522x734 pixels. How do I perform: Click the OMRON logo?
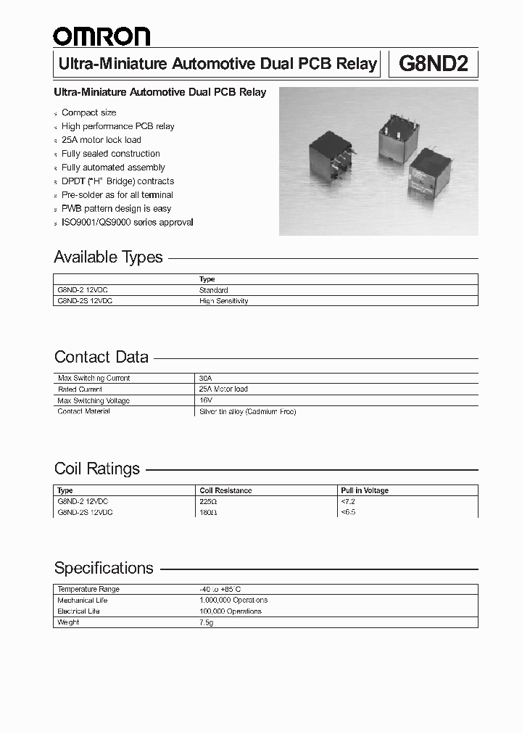tap(101, 36)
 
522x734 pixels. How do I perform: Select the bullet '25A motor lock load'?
tap(101, 140)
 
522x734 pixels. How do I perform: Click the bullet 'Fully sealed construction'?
tap(111, 154)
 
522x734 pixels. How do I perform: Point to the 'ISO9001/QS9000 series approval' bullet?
tap(128, 223)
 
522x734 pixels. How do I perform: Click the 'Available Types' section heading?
tap(109, 257)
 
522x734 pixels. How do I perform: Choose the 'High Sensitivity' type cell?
tap(223, 301)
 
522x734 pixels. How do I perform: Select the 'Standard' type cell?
tap(213, 290)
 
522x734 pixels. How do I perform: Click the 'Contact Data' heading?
tap(101, 357)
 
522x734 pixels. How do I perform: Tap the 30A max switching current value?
tap(205, 379)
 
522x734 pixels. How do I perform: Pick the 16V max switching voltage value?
tap(205, 400)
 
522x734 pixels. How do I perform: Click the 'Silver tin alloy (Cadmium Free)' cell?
tap(247, 411)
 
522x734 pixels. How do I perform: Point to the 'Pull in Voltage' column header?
tap(365, 490)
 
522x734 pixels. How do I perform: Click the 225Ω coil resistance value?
tap(208, 501)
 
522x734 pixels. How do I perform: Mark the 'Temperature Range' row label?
tap(88, 590)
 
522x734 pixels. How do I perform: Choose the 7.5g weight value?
tap(207, 622)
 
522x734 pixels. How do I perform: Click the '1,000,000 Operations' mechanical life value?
tap(233, 601)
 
